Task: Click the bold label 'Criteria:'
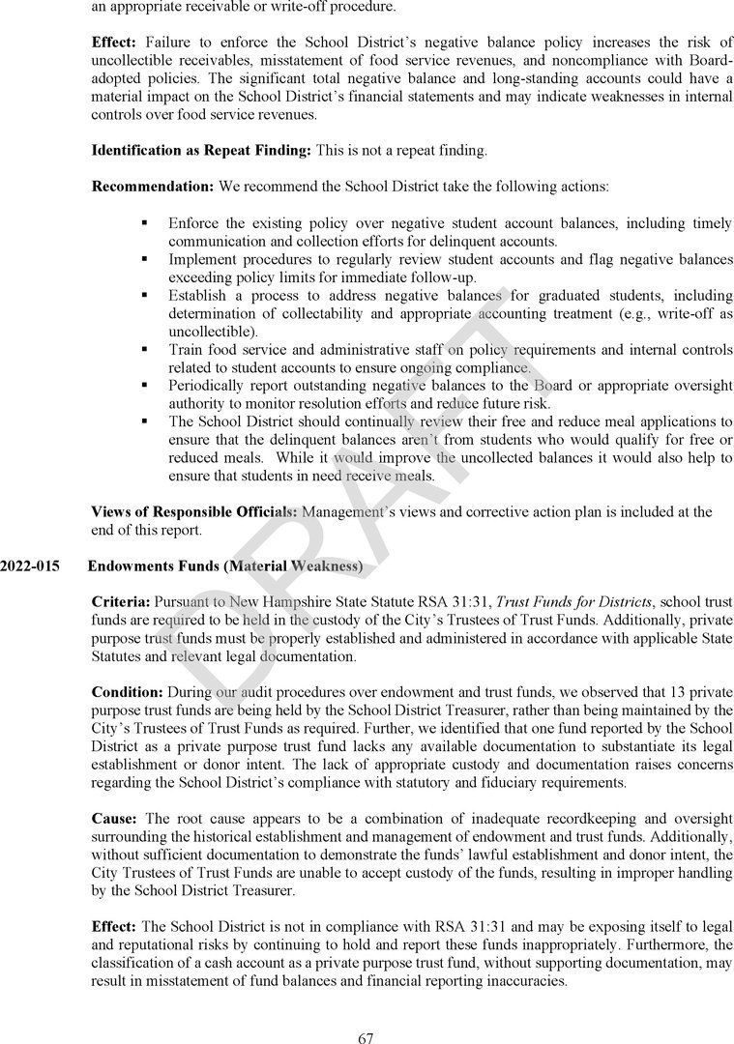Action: [121, 602]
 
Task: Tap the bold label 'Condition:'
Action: [128, 692]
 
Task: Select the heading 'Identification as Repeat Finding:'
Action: [202, 151]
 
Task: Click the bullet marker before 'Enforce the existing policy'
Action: [143, 222]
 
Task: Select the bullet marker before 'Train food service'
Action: [143, 349]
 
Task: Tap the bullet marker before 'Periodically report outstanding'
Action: [143, 385]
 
